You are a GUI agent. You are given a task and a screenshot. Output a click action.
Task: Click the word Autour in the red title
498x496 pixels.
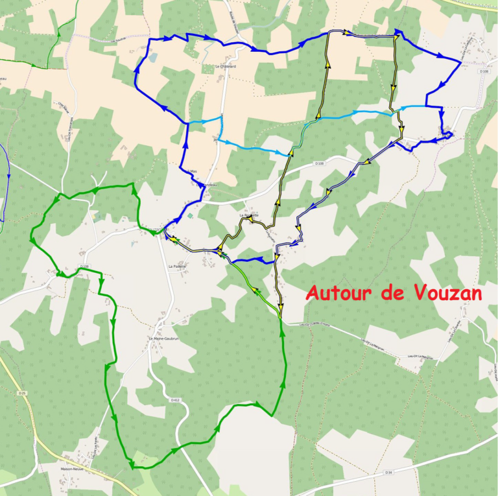click(x=338, y=293)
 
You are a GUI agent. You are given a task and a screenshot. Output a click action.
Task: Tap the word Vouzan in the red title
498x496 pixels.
click(x=448, y=293)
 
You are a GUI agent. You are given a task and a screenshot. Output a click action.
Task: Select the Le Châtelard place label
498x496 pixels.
click(x=223, y=67)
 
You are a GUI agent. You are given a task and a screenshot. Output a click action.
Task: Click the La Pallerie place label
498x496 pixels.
click(x=177, y=266)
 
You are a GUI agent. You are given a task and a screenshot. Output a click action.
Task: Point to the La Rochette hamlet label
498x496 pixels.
click(x=248, y=215)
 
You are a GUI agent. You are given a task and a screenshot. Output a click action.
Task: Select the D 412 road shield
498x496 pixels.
click(x=174, y=400)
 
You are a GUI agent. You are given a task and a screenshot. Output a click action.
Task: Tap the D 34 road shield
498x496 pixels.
click(x=388, y=472)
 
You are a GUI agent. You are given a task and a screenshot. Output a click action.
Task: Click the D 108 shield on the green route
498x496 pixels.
click(x=84, y=266)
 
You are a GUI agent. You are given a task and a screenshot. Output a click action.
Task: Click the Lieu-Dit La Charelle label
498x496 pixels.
click(x=449, y=331)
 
